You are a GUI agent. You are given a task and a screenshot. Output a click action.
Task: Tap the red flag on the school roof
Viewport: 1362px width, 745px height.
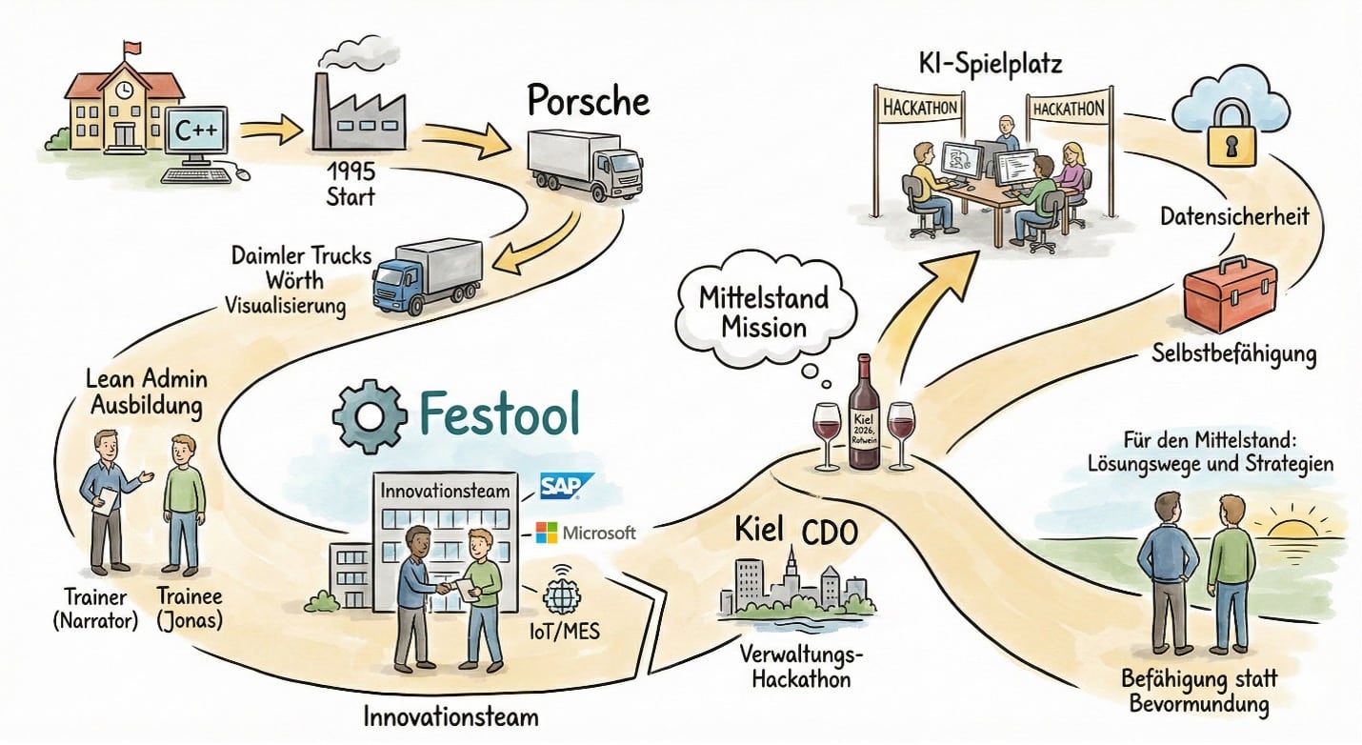point(130,47)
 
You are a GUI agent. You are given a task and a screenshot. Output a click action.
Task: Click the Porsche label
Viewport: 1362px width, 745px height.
point(588,99)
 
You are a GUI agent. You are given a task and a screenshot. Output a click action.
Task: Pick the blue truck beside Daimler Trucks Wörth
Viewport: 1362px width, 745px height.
point(427,271)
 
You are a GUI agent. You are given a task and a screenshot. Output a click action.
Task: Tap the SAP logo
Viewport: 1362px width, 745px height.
point(567,487)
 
